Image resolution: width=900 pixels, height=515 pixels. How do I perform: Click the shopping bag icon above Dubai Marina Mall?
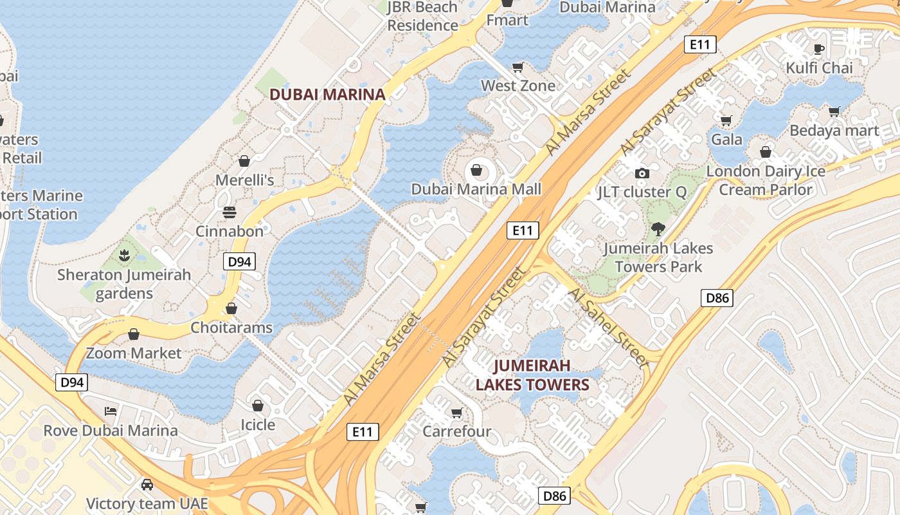(x=476, y=170)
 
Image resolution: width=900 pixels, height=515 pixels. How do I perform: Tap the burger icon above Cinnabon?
(x=230, y=212)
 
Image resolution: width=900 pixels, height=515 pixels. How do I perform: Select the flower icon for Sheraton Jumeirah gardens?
(x=124, y=256)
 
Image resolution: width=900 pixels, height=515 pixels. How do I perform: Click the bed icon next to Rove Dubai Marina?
(x=111, y=411)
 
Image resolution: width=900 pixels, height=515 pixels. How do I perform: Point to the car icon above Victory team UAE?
(x=147, y=484)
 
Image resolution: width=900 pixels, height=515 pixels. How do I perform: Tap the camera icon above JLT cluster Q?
(x=642, y=173)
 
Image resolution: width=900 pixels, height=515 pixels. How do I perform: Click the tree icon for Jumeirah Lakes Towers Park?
(x=658, y=229)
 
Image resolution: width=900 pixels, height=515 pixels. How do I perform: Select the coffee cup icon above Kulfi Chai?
(x=819, y=48)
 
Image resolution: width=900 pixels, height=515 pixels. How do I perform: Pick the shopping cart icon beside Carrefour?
(x=456, y=412)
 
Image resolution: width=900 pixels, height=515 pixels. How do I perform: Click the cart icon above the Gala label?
(x=726, y=120)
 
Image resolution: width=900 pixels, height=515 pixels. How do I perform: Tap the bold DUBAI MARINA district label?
(x=327, y=95)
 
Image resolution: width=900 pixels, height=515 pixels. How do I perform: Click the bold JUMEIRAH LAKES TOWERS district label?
(x=532, y=375)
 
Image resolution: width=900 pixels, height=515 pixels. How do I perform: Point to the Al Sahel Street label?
(x=609, y=328)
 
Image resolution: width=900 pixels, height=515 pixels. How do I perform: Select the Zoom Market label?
(x=134, y=353)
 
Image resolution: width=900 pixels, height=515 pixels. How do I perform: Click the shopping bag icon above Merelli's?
(x=244, y=160)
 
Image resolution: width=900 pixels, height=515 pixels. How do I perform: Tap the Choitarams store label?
(x=231, y=328)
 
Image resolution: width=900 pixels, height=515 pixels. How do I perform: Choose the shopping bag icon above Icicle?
(x=258, y=406)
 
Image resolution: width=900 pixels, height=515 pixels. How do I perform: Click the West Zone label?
(x=518, y=86)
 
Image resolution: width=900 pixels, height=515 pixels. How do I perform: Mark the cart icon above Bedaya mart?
(x=834, y=111)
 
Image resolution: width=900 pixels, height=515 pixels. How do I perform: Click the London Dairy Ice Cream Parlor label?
(x=766, y=180)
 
